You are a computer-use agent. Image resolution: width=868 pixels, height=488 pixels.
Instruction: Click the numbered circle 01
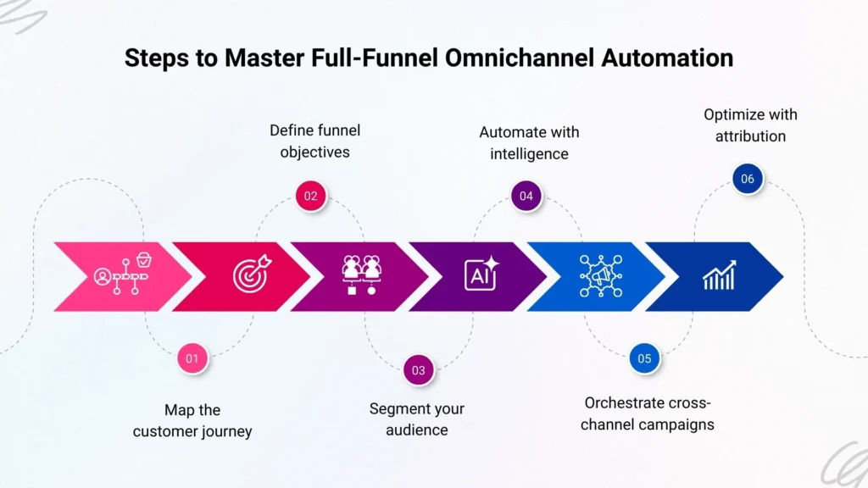pyautogui.click(x=192, y=358)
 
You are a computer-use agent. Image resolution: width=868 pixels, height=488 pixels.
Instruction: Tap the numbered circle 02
pyautogui.click(x=311, y=197)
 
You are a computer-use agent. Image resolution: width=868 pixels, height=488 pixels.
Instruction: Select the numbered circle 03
pyautogui.click(x=419, y=369)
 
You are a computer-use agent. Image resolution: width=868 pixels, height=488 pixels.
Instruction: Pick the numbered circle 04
pyautogui.click(x=526, y=197)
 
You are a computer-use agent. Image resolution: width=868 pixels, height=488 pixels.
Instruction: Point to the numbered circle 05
pyautogui.click(x=644, y=358)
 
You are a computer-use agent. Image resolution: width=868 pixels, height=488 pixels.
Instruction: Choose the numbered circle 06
pyautogui.click(x=747, y=179)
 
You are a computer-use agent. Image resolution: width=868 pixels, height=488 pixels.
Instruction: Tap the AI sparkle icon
pyautogui.click(x=481, y=276)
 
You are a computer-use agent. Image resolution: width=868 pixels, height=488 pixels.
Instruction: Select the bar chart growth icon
pyautogui.click(x=719, y=276)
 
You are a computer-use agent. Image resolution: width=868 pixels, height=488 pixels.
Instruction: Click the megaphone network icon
pyautogui.click(x=600, y=276)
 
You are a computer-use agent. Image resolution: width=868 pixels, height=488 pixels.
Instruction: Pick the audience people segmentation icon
pyautogui.click(x=362, y=276)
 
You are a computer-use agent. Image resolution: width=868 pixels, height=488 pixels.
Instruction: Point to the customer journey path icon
pyautogui.click(x=124, y=273)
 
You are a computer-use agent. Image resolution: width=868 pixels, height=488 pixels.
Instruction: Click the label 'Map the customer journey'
pyautogui.click(x=192, y=420)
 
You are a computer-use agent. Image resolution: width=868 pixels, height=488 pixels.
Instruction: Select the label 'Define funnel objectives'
pyautogui.click(x=314, y=141)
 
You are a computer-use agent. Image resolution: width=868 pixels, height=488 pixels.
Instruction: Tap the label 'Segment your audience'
pyautogui.click(x=417, y=419)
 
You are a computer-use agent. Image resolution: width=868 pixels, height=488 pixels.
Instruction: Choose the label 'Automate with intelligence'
pyautogui.click(x=529, y=142)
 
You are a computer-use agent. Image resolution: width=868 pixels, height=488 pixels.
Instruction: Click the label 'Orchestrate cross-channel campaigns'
pyautogui.click(x=648, y=413)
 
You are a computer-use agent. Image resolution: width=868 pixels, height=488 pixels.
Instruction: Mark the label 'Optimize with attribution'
pyautogui.click(x=750, y=125)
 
